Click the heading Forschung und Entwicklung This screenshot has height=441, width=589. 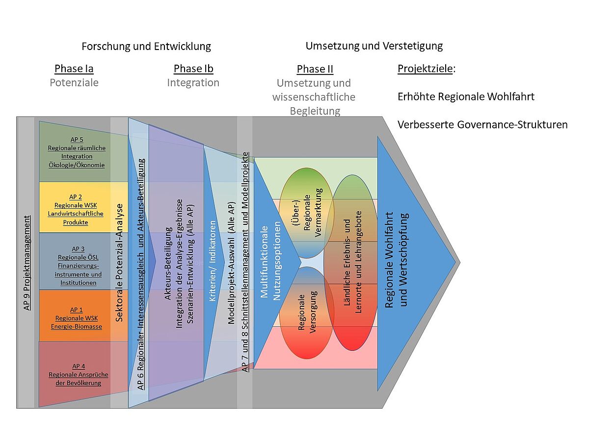point(146,47)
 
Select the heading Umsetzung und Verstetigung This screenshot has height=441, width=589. point(374,46)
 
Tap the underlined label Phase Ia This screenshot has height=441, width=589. point(74,69)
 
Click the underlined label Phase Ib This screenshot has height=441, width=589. point(193,69)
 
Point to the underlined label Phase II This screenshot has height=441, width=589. point(315,69)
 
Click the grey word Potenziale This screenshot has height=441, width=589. point(74,82)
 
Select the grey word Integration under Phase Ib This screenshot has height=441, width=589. point(193,82)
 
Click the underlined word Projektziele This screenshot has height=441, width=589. point(425,69)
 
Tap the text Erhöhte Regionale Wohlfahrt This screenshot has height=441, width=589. point(466,97)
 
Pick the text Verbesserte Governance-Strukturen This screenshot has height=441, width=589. point(482,124)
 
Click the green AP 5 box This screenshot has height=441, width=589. point(77,152)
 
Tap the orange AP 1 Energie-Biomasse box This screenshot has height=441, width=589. point(76,318)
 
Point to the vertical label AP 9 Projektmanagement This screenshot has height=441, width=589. point(27,262)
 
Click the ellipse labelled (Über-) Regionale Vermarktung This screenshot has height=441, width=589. point(307,213)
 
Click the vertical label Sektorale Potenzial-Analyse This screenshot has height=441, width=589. point(119,262)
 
